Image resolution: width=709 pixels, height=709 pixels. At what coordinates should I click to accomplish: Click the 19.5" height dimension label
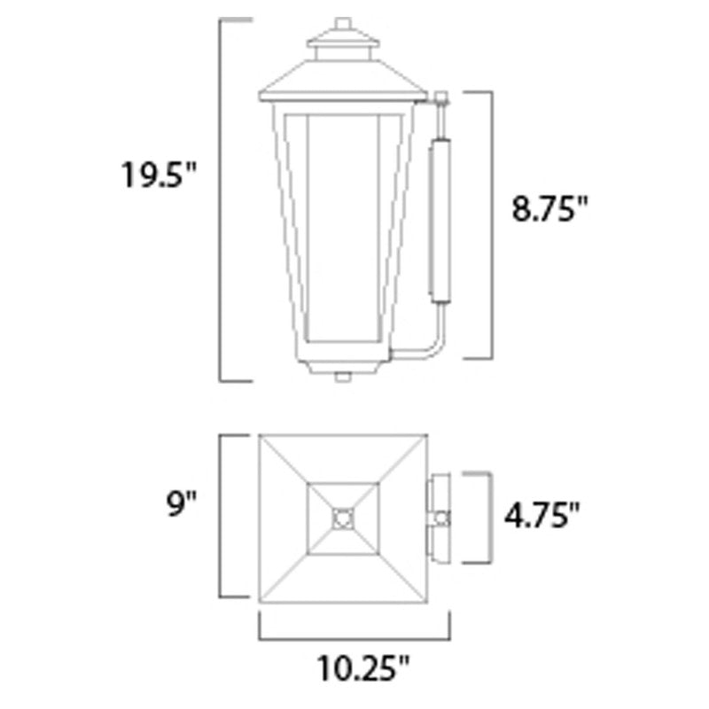tap(158, 175)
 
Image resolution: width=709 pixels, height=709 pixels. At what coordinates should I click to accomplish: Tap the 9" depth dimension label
tap(180, 506)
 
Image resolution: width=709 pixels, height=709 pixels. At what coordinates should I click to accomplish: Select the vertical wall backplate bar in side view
tap(440, 217)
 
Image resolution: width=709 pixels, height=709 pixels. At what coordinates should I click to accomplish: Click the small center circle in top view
tap(343, 517)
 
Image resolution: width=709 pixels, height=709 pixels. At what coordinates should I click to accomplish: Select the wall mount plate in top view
tap(440, 517)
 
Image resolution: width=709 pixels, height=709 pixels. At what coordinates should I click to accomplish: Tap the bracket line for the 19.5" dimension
tap(221, 199)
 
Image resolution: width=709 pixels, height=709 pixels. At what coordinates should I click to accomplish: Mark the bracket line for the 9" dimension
tap(221, 516)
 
